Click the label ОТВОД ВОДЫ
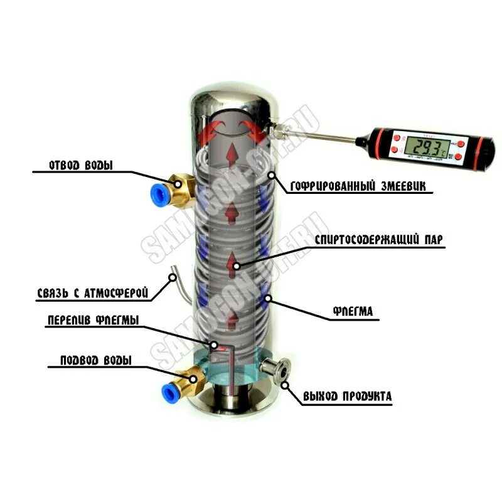coord(82,167)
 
